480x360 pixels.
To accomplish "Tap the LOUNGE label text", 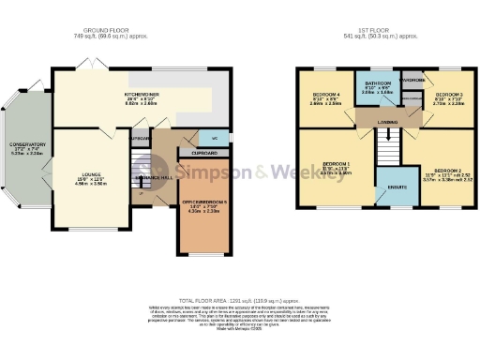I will pyautogui.click(x=92, y=174).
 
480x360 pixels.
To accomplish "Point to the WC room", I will pyautogui.click(x=215, y=139).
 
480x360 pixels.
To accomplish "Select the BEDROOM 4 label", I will pyautogui.click(x=326, y=95).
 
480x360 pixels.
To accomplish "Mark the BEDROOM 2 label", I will pyautogui.click(x=440, y=173).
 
